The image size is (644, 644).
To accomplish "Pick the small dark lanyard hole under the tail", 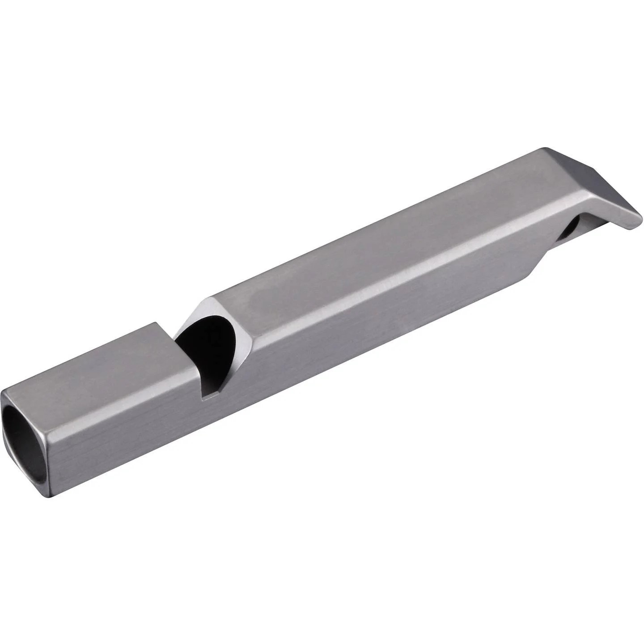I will (570, 230).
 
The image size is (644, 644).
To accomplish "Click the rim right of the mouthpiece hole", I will (47, 443).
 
